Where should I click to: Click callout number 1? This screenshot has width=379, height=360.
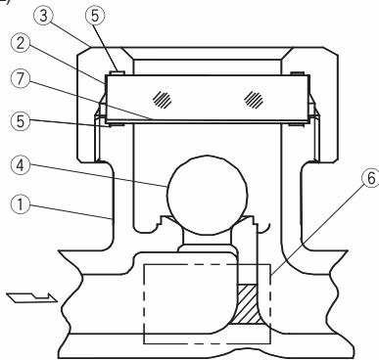point(21,204)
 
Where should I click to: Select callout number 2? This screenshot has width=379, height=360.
point(21,43)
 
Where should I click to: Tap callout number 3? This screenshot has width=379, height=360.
point(43,17)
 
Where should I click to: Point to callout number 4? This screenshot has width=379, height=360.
point(21,165)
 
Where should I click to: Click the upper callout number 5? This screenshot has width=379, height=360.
point(95,16)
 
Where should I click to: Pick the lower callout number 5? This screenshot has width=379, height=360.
point(21,121)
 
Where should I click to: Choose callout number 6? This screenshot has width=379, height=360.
point(371,179)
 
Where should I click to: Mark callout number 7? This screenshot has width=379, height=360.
point(21,79)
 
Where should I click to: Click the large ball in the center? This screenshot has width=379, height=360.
point(206,195)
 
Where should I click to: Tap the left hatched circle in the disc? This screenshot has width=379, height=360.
point(163,99)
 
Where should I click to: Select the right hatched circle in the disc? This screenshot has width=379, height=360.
point(254,99)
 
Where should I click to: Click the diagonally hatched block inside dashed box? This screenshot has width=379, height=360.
point(247,304)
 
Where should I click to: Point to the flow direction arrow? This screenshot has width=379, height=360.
point(32,297)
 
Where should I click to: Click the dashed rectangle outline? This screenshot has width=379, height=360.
point(144,304)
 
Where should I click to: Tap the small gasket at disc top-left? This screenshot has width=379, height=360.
point(115,72)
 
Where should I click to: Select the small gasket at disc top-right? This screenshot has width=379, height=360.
point(297,73)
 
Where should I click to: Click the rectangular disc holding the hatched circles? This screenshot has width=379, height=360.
point(208,100)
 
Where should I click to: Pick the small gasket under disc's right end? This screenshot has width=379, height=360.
point(297,124)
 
